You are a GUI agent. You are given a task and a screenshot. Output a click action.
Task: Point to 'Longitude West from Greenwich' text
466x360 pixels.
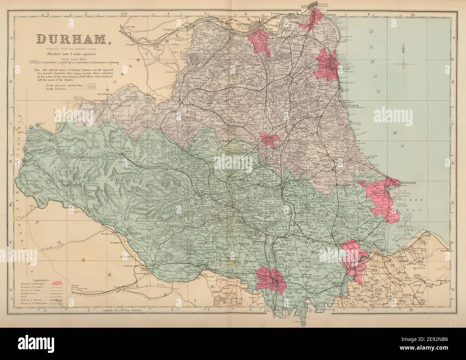[x=118, y=310]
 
